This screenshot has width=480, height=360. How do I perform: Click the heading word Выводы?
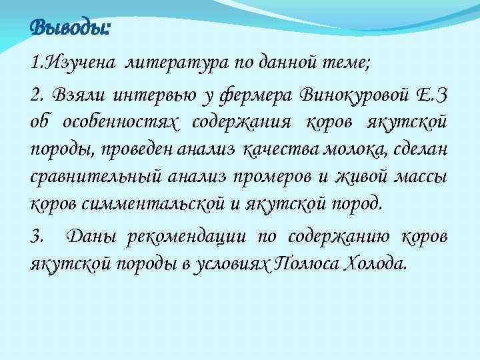tap(70, 29)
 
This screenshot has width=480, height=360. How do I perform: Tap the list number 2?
tap(37, 97)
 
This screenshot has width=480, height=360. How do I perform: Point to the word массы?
tap(425, 177)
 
